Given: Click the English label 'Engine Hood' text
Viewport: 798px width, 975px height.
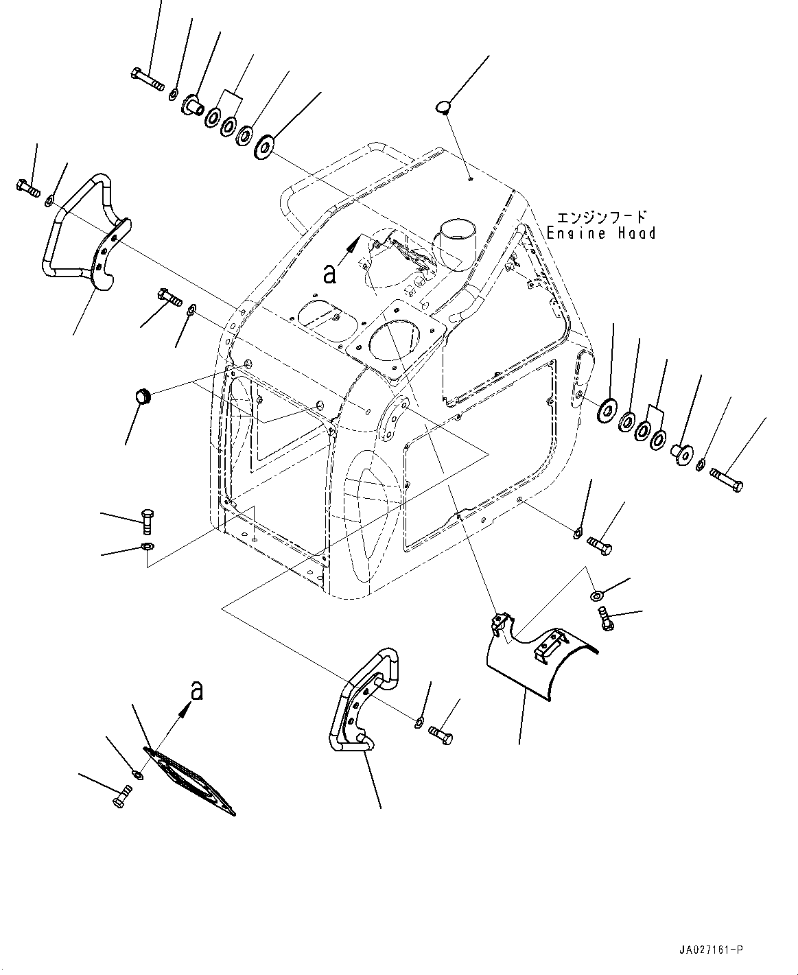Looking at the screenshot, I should [601, 233].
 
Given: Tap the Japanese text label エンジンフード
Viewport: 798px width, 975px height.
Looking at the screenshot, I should [601, 217].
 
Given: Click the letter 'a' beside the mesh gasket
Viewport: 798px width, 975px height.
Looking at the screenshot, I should [197, 690].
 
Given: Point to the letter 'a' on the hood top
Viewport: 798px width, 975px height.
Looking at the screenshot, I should [330, 274].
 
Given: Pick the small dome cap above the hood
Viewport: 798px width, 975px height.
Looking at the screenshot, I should [445, 106].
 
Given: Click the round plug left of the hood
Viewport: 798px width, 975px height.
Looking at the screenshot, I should [143, 397].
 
